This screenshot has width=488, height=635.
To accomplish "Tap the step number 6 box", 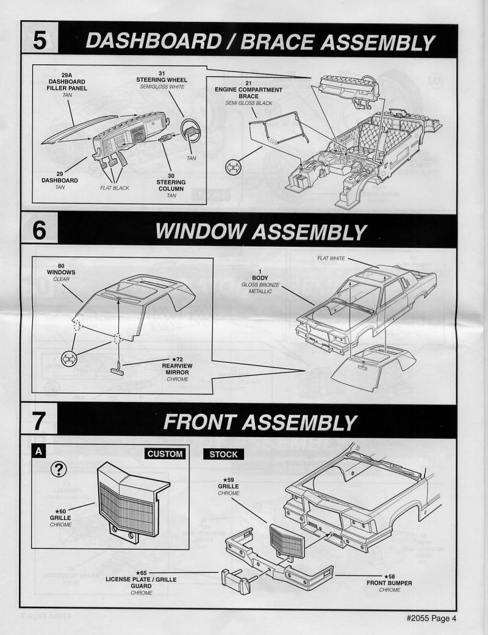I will click(x=40, y=230).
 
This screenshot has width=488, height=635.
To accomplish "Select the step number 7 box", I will click(x=40, y=421).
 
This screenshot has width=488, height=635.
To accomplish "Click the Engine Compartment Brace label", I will click(x=248, y=93).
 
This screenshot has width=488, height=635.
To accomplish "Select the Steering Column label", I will click(x=171, y=185).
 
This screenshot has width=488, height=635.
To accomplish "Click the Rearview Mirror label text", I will click(x=176, y=369).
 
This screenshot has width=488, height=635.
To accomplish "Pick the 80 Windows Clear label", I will click(x=61, y=272).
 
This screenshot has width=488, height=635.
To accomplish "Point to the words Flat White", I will click(x=331, y=259).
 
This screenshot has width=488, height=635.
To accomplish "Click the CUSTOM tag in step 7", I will click(x=165, y=454).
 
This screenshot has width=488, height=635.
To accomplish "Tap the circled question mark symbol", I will click(x=60, y=469).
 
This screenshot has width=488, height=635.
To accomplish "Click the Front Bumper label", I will click(x=389, y=582).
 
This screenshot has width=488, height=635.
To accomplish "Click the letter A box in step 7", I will click(x=38, y=452).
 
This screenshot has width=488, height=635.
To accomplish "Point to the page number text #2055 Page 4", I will click(x=431, y=617).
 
